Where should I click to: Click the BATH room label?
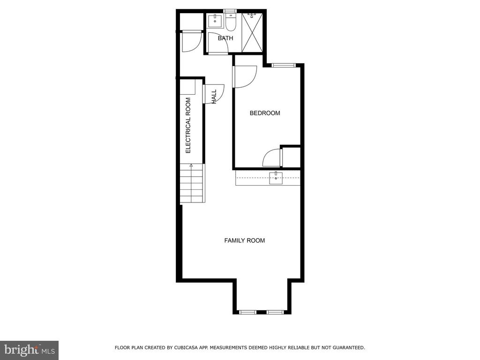(x=225, y=38)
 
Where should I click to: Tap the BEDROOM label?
(x=265, y=113)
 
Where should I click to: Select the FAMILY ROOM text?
(x=245, y=240)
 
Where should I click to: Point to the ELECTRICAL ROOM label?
(x=188, y=126)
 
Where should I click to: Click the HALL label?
(x=214, y=97)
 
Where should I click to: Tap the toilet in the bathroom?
(x=231, y=22)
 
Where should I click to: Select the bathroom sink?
(x=215, y=21)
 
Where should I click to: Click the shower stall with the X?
(x=253, y=33)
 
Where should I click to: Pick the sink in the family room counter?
(x=276, y=178)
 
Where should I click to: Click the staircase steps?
(x=192, y=183)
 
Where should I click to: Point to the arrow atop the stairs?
(x=191, y=165)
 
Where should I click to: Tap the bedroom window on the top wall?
(x=284, y=65)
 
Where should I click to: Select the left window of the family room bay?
(x=247, y=312)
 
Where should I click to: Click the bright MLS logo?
(x=30, y=350)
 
